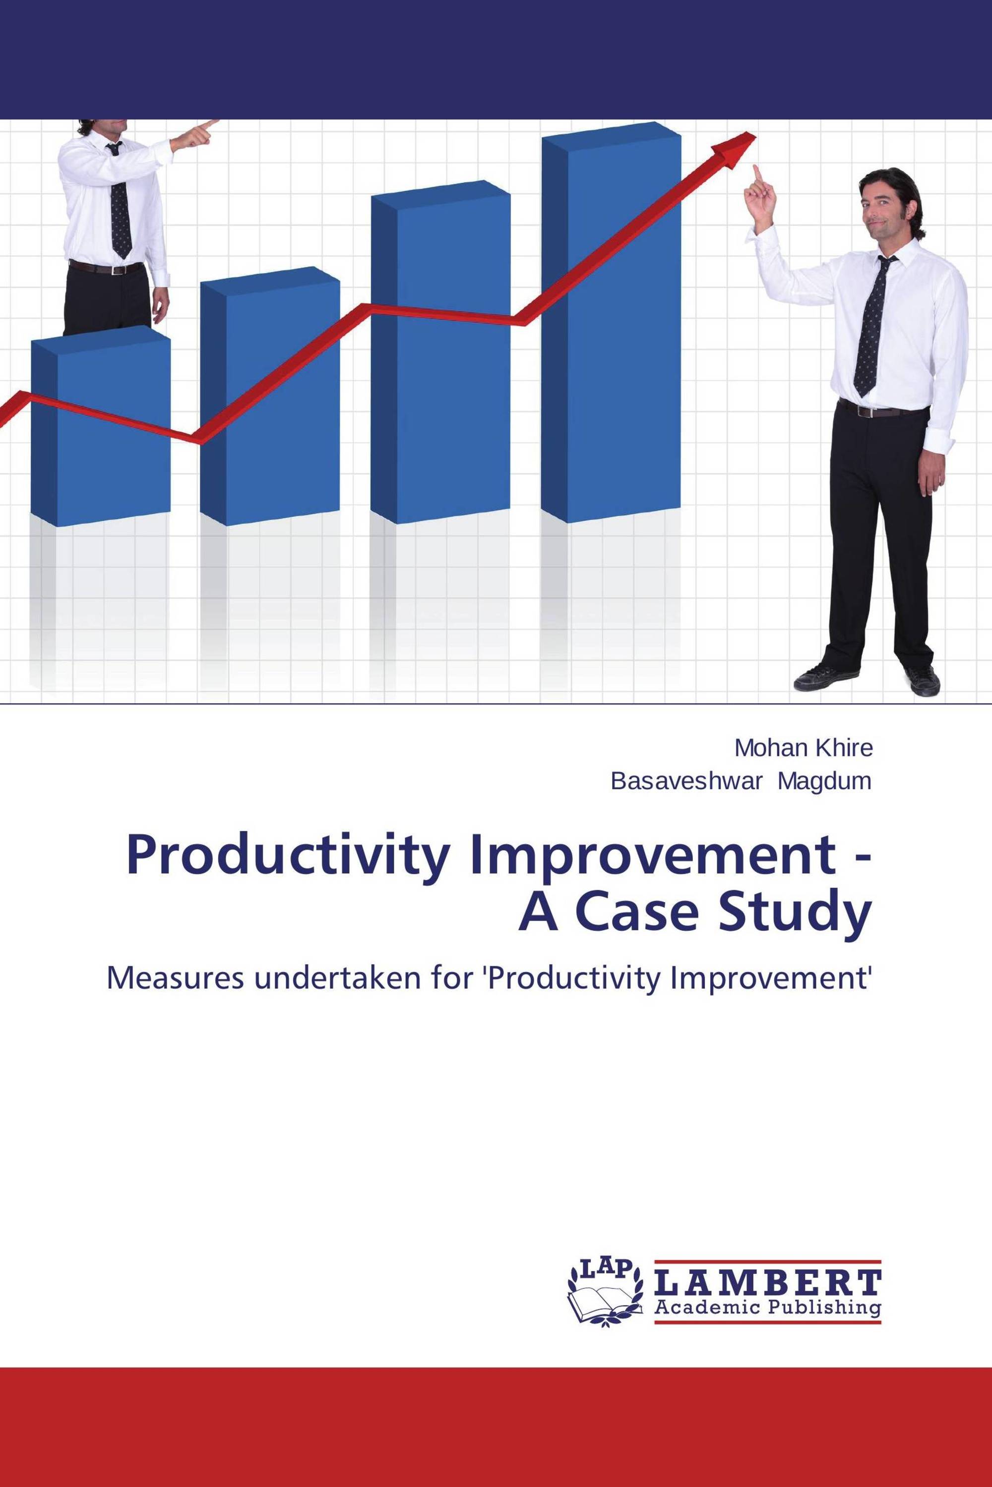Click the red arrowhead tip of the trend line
pyautogui.click(x=756, y=132)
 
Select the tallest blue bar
pyautogui.click(x=611, y=323)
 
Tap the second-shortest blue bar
pyautogui.click(x=270, y=396)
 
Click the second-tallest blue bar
pyautogui.click(x=440, y=352)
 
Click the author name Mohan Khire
pyautogui.click(x=804, y=748)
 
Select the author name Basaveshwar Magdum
pyautogui.click(x=741, y=782)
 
